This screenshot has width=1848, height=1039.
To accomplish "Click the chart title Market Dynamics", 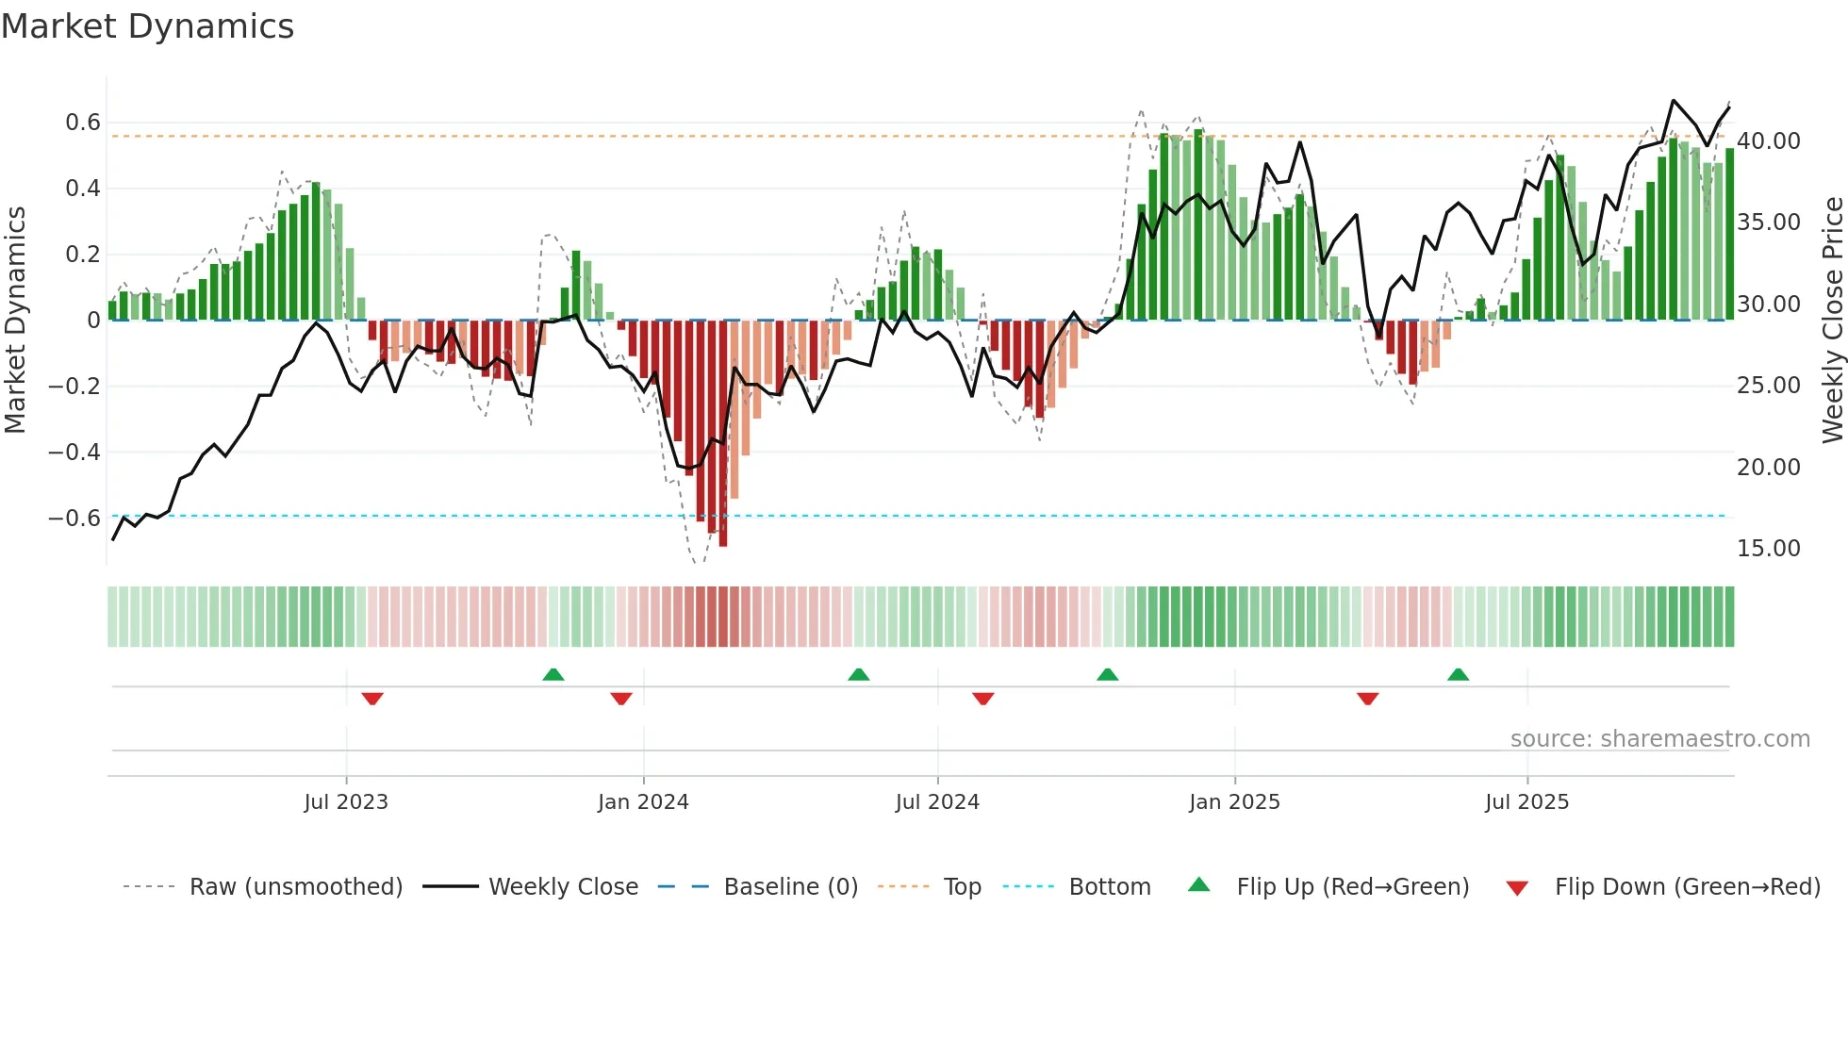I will (147, 26).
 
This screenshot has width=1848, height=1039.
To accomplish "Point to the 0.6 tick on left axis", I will (82, 123).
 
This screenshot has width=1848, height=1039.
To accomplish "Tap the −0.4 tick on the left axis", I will (74, 453).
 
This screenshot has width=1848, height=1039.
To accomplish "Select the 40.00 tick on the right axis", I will (1769, 141).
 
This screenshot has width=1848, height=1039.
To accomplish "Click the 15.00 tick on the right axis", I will (1769, 549).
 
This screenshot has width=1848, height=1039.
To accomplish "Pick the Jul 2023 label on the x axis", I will (346, 802).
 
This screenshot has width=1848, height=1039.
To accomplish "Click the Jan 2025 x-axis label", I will (1234, 802).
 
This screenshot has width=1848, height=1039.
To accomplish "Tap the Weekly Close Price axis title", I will (1832, 321).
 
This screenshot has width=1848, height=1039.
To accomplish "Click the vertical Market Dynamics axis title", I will (15, 321).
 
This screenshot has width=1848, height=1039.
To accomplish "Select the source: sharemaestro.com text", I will (1659, 739).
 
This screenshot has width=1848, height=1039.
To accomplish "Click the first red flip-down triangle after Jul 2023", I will (372, 699).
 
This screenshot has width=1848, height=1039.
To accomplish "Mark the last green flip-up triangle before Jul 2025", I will (1458, 674).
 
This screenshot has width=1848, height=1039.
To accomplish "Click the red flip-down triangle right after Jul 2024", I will (982, 699).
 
